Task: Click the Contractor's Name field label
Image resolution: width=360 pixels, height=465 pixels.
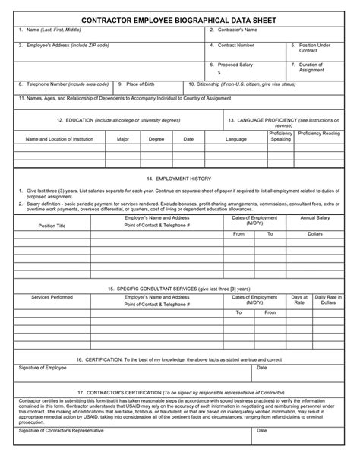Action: tap(236, 30)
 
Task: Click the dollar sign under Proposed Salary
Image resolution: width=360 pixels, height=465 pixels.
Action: tap(219, 72)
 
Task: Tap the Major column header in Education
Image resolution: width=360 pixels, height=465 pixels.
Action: tap(122, 139)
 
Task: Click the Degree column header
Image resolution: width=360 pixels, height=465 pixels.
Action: tap(156, 139)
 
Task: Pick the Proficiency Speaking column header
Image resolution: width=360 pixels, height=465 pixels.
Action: tap(280, 136)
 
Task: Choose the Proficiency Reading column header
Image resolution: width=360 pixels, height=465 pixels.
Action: tap(319, 133)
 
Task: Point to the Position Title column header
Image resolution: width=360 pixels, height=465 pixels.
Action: tap(52, 226)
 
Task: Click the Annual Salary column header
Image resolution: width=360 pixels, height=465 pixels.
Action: tap(314, 218)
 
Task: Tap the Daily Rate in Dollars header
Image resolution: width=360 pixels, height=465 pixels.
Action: tap(327, 300)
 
